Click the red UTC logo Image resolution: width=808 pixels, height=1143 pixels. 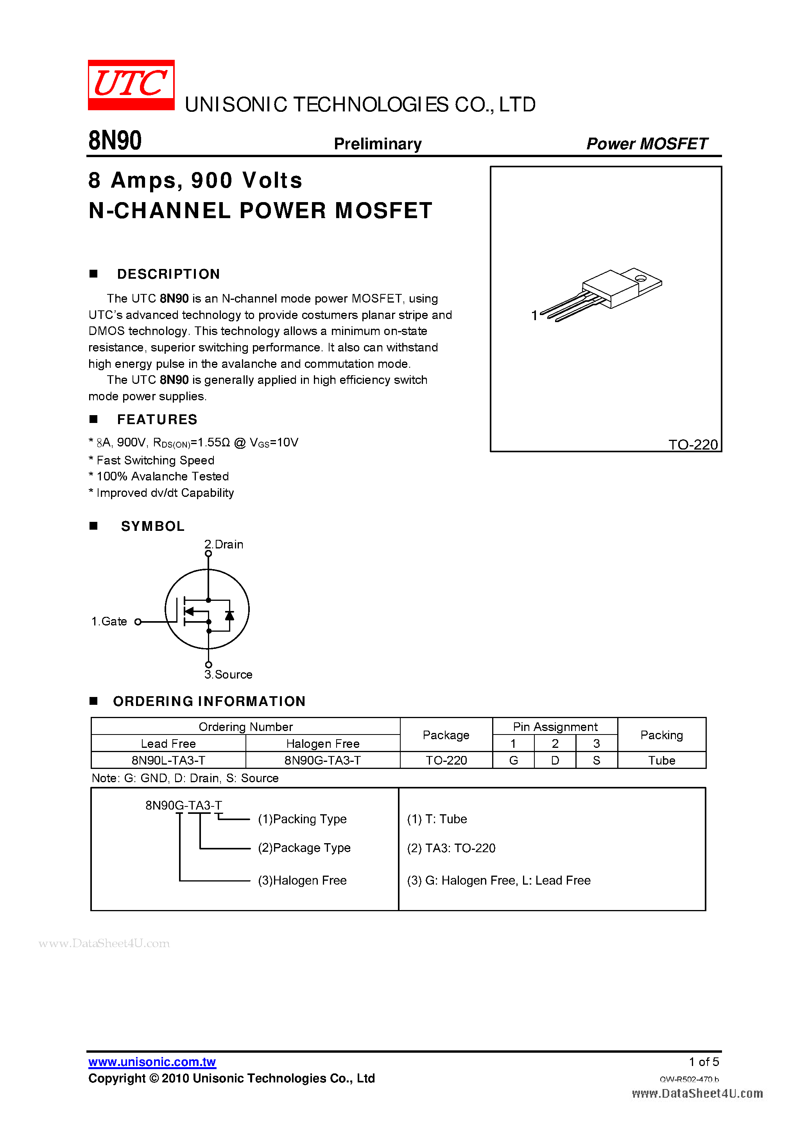point(131,84)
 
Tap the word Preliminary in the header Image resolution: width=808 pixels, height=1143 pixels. point(377,144)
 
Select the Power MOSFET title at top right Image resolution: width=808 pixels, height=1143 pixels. point(646,144)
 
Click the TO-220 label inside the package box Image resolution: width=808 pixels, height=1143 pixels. point(693,444)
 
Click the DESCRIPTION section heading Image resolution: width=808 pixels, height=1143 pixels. point(168,274)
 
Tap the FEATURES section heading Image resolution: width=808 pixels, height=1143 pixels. point(157,420)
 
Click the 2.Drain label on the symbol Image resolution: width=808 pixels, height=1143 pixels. point(224,544)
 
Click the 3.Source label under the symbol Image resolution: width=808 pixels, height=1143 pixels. point(229,675)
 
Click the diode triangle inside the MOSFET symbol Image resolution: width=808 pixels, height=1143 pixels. point(229,616)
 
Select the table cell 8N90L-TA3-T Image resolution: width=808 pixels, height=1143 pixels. point(168,760)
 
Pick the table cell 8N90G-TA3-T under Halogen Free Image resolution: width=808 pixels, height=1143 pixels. point(322,760)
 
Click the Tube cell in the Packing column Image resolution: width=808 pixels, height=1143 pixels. point(661,760)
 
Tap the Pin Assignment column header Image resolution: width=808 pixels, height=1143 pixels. point(555,727)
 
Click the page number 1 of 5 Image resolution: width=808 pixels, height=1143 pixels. point(704,1062)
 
